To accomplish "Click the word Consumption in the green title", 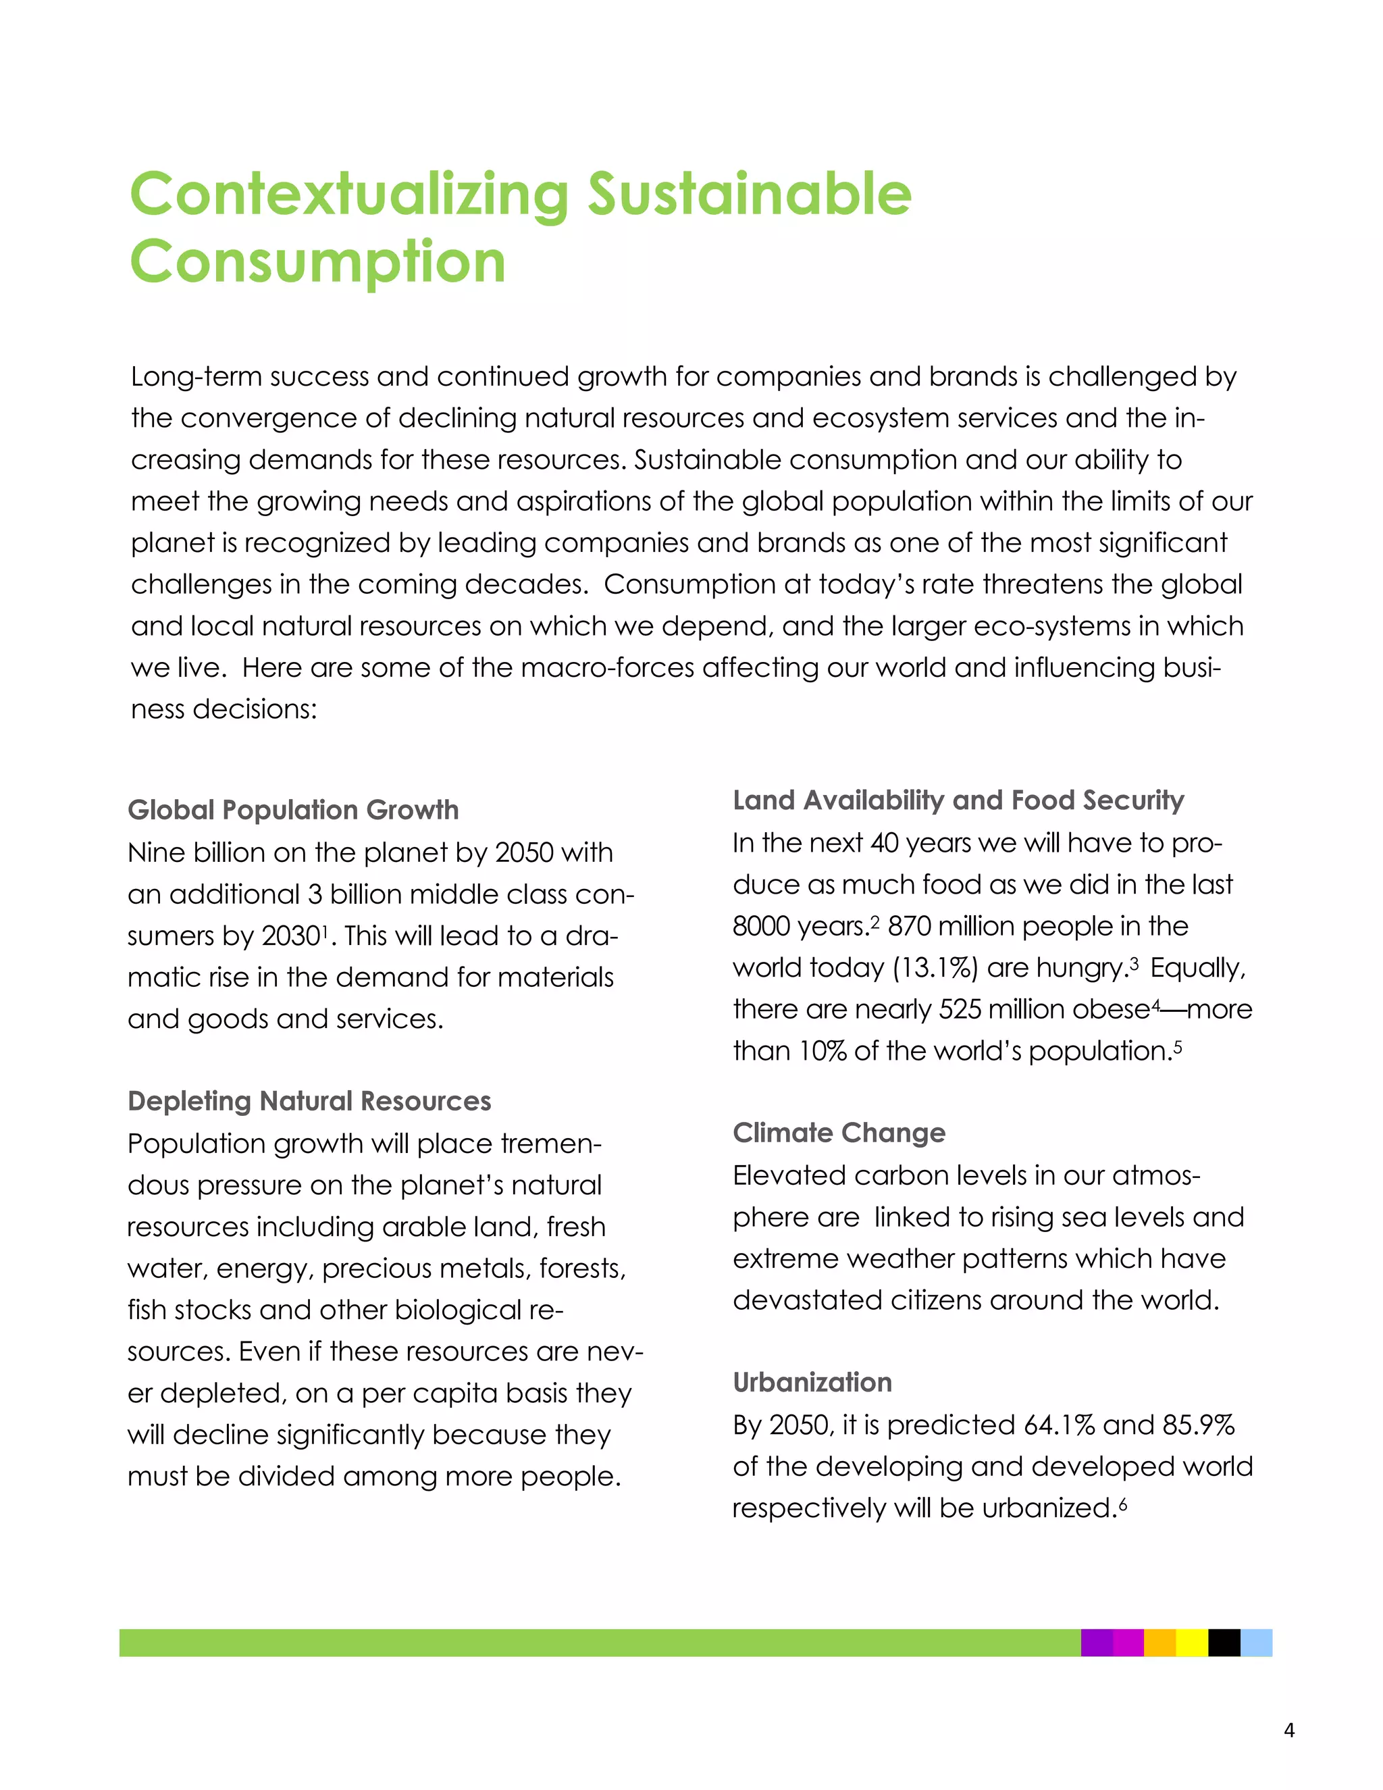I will [x=318, y=262].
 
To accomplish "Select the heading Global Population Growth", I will [x=293, y=810].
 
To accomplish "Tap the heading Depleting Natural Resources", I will [x=309, y=1101].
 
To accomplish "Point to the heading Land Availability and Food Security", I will [x=958, y=800].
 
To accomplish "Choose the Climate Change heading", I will [x=839, y=1133].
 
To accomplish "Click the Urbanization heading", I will [x=812, y=1383].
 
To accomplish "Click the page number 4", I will [x=1288, y=1730].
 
